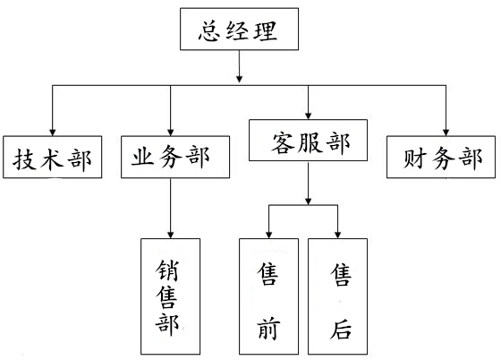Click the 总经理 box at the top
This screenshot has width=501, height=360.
(x=240, y=29)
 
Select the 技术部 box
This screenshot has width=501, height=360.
(x=53, y=157)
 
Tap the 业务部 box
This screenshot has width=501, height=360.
(x=175, y=157)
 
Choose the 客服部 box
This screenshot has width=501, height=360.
(x=308, y=140)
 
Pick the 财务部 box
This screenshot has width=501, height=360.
(x=441, y=157)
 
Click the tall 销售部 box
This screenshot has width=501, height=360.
(x=171, y=296)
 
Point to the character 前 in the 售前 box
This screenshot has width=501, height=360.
(x=268, y=329)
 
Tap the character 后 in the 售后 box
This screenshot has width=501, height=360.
(x=341, y=329)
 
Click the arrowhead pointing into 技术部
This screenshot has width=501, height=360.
(x=53, y=133)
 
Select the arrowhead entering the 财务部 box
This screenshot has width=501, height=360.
(x=446, y=133)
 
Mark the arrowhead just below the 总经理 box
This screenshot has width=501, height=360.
(x=240, y=79)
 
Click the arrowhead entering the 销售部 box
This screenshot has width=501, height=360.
(x=171, y=235)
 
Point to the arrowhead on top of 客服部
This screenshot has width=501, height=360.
(x=308, y=116)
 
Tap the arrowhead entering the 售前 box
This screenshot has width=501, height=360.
(x=269, y=235)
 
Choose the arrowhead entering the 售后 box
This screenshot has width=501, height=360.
(x=338, y=235)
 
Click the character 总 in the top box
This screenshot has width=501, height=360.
(x=209, y=31)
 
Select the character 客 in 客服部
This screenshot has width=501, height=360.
(x=283, y=142)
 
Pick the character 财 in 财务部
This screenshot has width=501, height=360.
(x=415, y=159)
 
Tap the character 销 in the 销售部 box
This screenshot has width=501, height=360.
(x=167, y=270)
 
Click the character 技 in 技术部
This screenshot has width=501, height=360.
(x=25, y=159)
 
